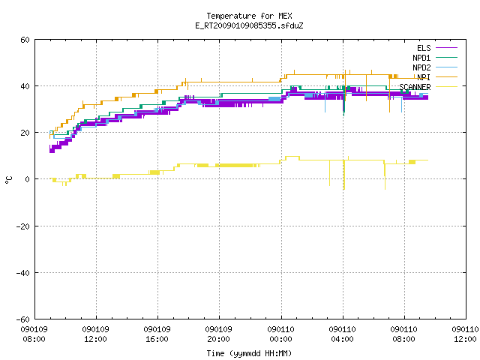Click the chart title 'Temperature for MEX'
pyautogui.click(x=249, y=16)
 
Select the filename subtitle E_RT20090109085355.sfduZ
pyautogui.click(x=249, y=25)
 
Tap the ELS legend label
pyautogui.click(x=424, y=48)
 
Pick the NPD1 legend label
pyautogui.click(x=421, y=58)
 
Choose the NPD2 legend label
pyautogui.click(x=421, y=67)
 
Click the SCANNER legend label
pyautogui.click(x=415, y=87)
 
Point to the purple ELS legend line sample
pyautogui.click(x=446, y=48)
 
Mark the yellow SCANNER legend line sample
pyautogui.click(x=446, y=87)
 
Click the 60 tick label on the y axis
pyautogui.click(x=25, y=40)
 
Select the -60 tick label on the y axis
pyautogui.click(x=23, y=319)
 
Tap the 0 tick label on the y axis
pyautogui.click(x=28, y=179)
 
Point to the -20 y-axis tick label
pyautogui.click(x=23, y=226)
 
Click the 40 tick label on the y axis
pyautogui.click(x=25, y=86)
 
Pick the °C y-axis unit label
pyautogui.click(x=9, y=180)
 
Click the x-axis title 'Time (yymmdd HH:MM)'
pyautogui.click(x=249, y=353)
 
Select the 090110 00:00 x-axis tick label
pyautogui.click(x=281, y=334)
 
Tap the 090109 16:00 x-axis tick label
pyautogui.click(x=157, y=334)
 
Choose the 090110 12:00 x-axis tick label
pyautogui.click(x=465, y=334)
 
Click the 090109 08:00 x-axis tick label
pyautogui.click(x=34, y=334)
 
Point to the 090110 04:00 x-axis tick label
pyautogui.click(x=343, y=334)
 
